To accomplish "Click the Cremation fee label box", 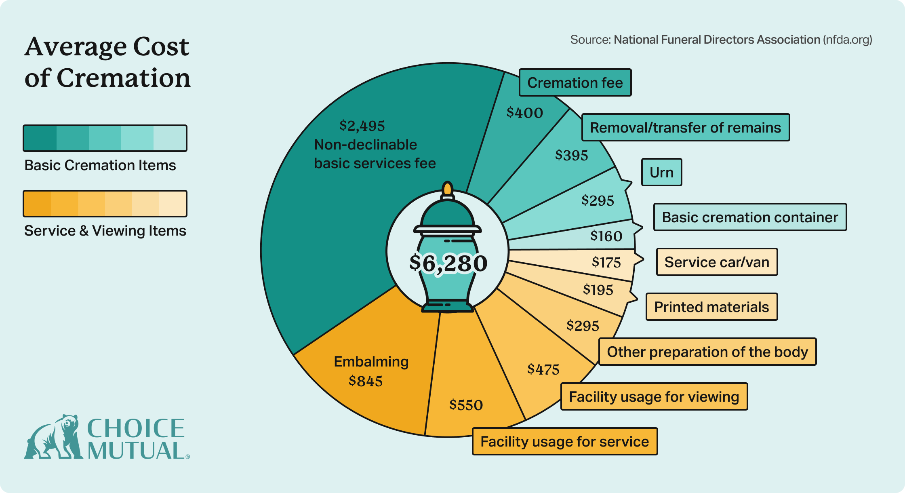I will pos(575,83).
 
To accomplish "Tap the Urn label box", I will pos(661,173).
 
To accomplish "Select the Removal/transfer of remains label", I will pos(685,128).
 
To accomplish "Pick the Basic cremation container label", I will pos(750,217).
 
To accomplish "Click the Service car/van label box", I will pos(717,262).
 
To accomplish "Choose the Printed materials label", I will pos(711,307).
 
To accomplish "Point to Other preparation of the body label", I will pos(707,352).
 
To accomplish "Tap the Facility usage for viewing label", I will pos(654,397).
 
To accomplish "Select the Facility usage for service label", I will pos(564,442).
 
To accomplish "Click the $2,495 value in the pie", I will pos(362,126).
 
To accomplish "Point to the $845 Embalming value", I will pos(366,381).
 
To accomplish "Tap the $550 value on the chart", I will pos(466,405).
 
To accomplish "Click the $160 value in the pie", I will pos(606,236).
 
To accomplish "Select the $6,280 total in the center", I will pos(448,263).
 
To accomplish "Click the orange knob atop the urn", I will pos(447,189).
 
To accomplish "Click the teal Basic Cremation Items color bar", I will pos(105,138).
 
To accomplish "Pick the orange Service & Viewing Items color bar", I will pos(105,204).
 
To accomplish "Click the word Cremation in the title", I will pos(124,78).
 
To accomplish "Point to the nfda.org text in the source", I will pos(847,40).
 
